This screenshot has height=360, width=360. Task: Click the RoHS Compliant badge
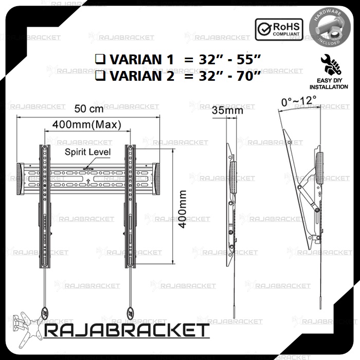279,30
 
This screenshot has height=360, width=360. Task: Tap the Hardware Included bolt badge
330,28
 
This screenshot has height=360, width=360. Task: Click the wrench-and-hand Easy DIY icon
331,65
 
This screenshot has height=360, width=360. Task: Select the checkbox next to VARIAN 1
100,59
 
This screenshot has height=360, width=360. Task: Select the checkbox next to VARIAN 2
100,76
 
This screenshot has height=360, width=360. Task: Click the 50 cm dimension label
89,109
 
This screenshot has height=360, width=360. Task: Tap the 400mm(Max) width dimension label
87,124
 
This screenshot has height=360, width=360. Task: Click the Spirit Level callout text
88,152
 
